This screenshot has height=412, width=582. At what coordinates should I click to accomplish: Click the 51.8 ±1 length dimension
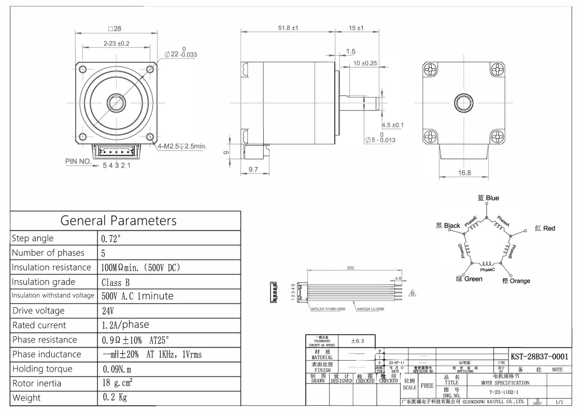[x=288, y=28]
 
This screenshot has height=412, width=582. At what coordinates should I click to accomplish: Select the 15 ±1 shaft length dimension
[x=356, y=28]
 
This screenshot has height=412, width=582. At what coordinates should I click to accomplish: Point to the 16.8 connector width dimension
[x=464, y=173]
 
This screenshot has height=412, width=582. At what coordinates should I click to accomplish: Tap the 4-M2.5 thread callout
[x=181, y=146]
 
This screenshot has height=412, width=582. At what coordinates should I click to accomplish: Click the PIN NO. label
[x=78, y=161]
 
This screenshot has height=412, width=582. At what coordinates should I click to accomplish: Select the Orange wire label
[x=516, y=281]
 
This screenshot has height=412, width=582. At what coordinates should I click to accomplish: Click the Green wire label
[x=469, y=279]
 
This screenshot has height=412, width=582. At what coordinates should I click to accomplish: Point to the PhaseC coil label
[x=487, y=270]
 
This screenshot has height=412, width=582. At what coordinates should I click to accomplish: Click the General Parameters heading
[x=118, y=221]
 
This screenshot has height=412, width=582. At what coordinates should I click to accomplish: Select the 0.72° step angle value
[x=111, y=239]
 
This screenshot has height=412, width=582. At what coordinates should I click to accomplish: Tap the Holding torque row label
[x=42, y=369]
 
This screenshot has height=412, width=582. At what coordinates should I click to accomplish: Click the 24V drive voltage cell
[x=108, y=311]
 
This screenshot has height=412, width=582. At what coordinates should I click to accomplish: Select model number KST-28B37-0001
[x=539, y=356]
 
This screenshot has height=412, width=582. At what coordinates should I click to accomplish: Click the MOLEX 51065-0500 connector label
[x=328, y=309]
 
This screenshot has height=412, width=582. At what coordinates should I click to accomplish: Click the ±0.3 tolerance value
[x=358, y=341]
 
